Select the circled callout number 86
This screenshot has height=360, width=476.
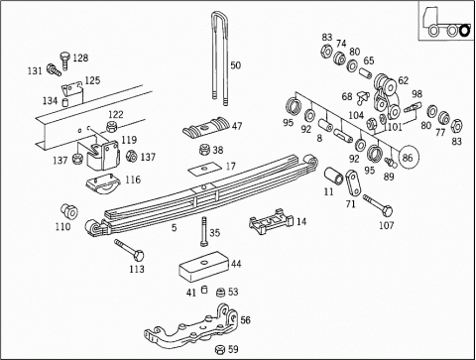[409, 157]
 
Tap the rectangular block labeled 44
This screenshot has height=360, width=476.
[205, 267]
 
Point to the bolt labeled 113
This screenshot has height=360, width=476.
[129, 251]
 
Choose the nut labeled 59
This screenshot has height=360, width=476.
[220, 349]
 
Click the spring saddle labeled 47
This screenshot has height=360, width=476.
[206, 128]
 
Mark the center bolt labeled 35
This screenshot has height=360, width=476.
[203, 231]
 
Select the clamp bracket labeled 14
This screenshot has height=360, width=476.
[271, 221]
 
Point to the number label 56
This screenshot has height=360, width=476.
[245, 319]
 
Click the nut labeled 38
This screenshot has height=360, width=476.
[205, 150]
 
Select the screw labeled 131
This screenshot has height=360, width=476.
[54, 69]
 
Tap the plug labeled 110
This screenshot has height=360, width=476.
[69, 211]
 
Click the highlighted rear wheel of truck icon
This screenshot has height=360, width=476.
[465, 31]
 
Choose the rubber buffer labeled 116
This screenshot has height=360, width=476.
[102, 183]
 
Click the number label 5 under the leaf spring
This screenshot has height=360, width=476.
[174, 227]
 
